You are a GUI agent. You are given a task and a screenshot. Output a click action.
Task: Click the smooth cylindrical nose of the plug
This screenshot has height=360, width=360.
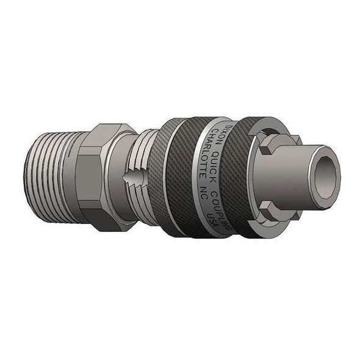pos(293,177)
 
